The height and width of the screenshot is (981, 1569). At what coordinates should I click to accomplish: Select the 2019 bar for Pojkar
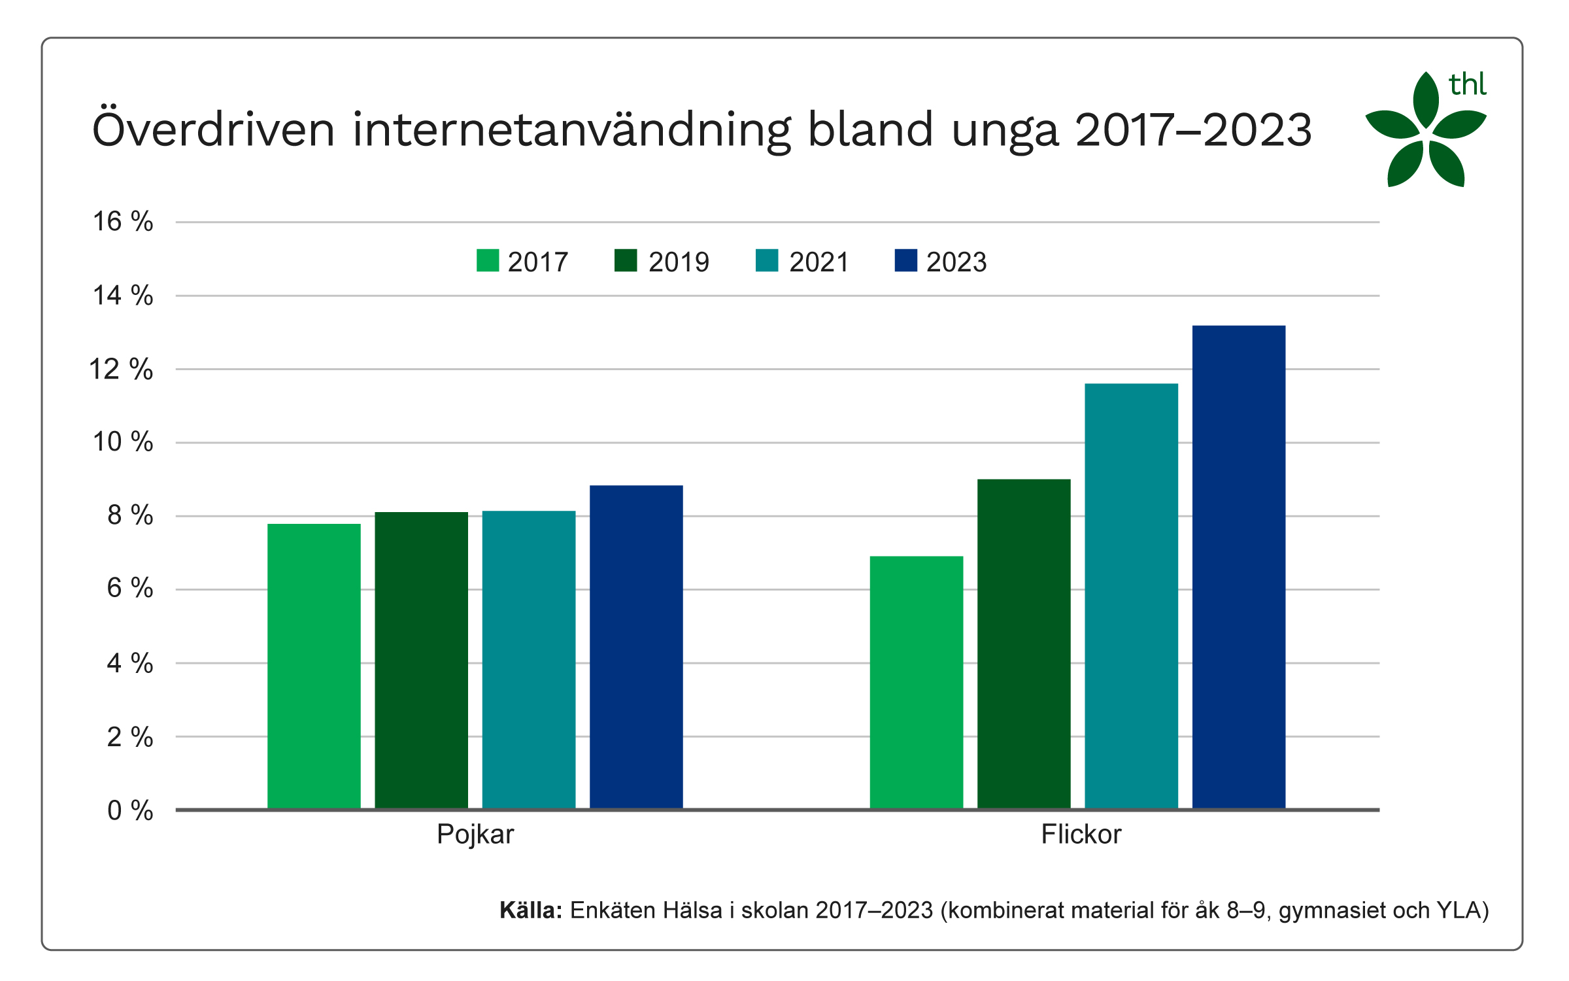tap(421, 661)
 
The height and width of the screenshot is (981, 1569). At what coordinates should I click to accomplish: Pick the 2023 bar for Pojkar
tap(636, 647)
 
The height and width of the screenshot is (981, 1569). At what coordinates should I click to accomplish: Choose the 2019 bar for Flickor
tap(1024, 644)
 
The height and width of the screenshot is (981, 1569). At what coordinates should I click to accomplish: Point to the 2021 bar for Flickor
tap(1131, 596)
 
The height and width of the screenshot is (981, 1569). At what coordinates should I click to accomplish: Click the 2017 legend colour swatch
tap(488, 260)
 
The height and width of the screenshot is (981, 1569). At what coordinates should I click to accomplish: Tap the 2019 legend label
tap(679, 262)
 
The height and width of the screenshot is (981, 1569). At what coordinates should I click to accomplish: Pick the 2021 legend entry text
tap(818, 262)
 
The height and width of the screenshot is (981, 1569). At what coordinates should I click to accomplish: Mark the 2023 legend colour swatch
tap(905, 260)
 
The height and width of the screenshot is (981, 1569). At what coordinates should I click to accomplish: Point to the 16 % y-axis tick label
tap(123, 222)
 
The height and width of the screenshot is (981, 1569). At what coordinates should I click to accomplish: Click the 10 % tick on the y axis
tap(123, 442)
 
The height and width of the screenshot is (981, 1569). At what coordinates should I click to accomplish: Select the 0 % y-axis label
tap(130, 810)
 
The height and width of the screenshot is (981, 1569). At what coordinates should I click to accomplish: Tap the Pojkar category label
tap(475, 835)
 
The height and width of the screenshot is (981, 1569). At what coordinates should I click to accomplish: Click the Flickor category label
tap(1081, 835)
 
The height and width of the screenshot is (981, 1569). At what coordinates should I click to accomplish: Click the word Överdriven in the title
tap(213, 129)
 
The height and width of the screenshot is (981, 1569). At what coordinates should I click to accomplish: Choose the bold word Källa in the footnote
tap(530, 910)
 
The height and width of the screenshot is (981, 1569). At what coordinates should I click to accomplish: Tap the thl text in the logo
tap(1468, 85)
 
